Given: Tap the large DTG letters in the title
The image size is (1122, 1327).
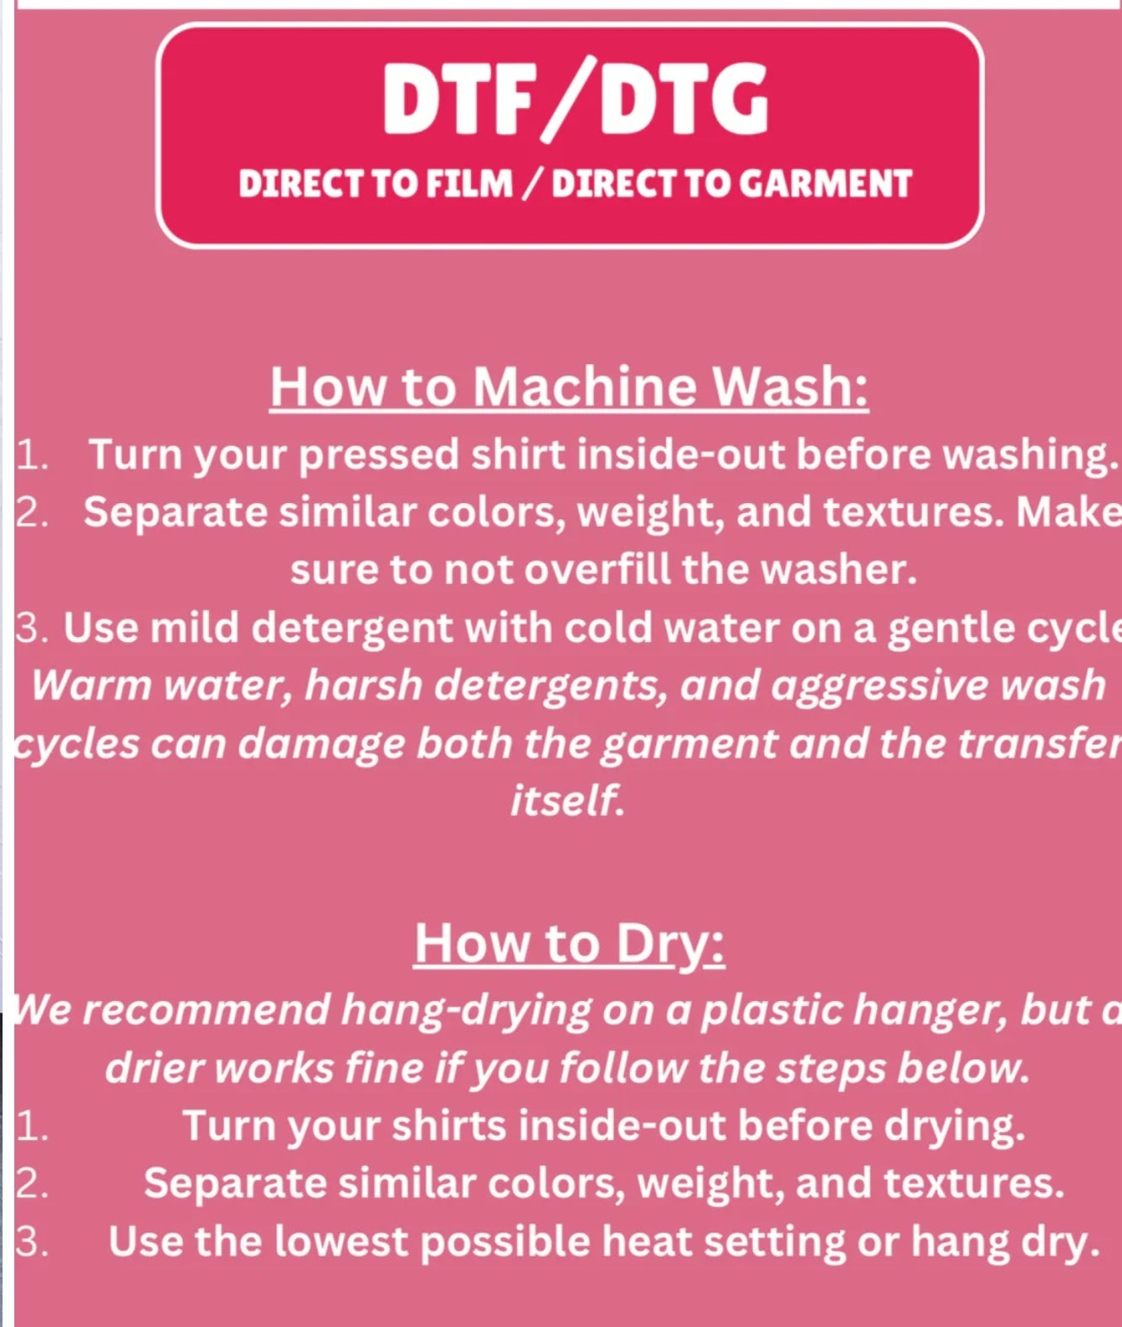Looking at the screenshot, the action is pos(684,99).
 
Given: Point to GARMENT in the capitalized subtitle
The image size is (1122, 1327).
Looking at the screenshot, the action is pos(825,184).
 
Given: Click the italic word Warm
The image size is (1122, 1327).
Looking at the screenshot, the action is pos(92,685).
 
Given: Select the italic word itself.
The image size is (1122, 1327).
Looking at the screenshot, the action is pos(567,800).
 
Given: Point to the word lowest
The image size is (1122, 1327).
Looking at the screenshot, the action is pos(341,1241).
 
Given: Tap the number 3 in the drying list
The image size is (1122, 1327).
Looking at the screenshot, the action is pos(31,1242).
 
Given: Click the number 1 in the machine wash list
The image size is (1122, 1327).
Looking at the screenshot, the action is pos(31,455).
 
